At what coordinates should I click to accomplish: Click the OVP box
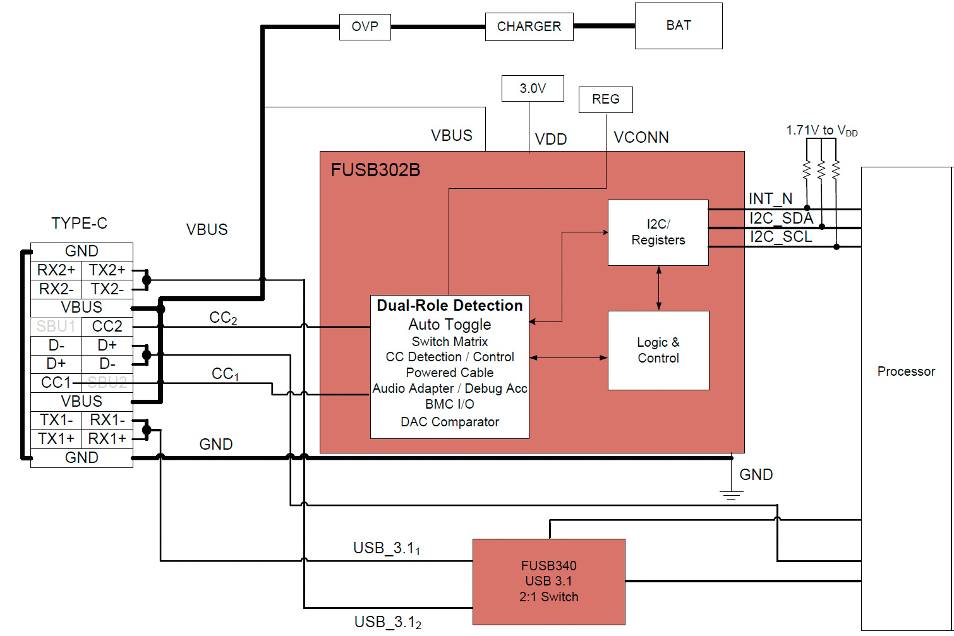coord(365,27)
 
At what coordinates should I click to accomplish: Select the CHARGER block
coord(529,27)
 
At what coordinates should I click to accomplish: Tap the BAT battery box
coord(679,26)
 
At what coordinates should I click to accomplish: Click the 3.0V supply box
coord(533,88)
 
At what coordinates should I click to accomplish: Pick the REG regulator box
coord(605,100)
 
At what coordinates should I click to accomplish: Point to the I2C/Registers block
coord(658,232)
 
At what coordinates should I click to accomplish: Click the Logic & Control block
coord(658,350)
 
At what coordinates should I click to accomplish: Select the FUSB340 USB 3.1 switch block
coord(549,582)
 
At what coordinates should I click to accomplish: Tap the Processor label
coord(906,371)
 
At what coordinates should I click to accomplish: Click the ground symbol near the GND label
coord(731,494)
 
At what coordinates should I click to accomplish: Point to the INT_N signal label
coord(770,199)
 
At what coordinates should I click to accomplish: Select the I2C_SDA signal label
coord(781,219)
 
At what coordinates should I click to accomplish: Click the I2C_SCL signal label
coord(781,237)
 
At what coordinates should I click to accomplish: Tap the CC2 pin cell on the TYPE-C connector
coord(107,327)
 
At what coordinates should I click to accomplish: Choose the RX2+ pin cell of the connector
coord(56,270)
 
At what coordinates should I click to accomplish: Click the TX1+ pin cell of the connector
coord(56,439)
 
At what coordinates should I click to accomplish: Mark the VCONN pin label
coord(641,138)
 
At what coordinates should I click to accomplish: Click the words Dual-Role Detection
coord(450,306)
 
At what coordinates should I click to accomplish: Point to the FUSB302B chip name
coord(375,170)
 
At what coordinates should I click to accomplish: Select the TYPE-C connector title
coord(79,224)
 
